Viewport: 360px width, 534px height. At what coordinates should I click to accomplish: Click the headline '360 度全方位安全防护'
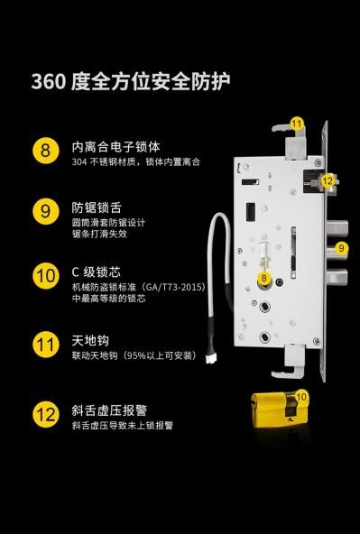click(x=131, y=82)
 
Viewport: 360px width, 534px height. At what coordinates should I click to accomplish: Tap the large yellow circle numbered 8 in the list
click(x=46, y=150)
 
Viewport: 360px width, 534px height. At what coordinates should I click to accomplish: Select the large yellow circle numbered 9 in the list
click(x=46, y=211)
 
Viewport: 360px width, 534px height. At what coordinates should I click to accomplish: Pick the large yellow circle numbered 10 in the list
click(x=46, y=276)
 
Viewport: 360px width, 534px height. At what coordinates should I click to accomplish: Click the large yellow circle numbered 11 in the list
click(x=46, y=345)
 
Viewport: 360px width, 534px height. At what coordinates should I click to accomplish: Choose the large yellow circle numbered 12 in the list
click(x=46, y=414)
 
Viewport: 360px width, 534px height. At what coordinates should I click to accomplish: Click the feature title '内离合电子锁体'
click(x=115, y=147)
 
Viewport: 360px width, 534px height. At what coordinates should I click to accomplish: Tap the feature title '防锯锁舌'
click(x=97, y=207)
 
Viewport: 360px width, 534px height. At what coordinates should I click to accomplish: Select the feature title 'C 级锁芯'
click(x=97, y=272)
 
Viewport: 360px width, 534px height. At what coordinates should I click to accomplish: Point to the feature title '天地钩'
click(x=90, y=340)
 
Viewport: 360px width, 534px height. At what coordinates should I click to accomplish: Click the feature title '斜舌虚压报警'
click(x=109, y=410)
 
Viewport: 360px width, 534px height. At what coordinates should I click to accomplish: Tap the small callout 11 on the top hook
click(x=297, y=123)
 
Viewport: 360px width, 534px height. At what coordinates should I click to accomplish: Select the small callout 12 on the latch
click(x=328, y=180)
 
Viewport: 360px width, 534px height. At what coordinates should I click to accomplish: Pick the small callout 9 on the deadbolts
click(x=341, y=248)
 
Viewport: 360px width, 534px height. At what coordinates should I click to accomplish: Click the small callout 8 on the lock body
click(x=264, y=278)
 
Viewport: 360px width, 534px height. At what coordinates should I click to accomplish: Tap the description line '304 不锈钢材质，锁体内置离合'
click(x=136, y=161)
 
